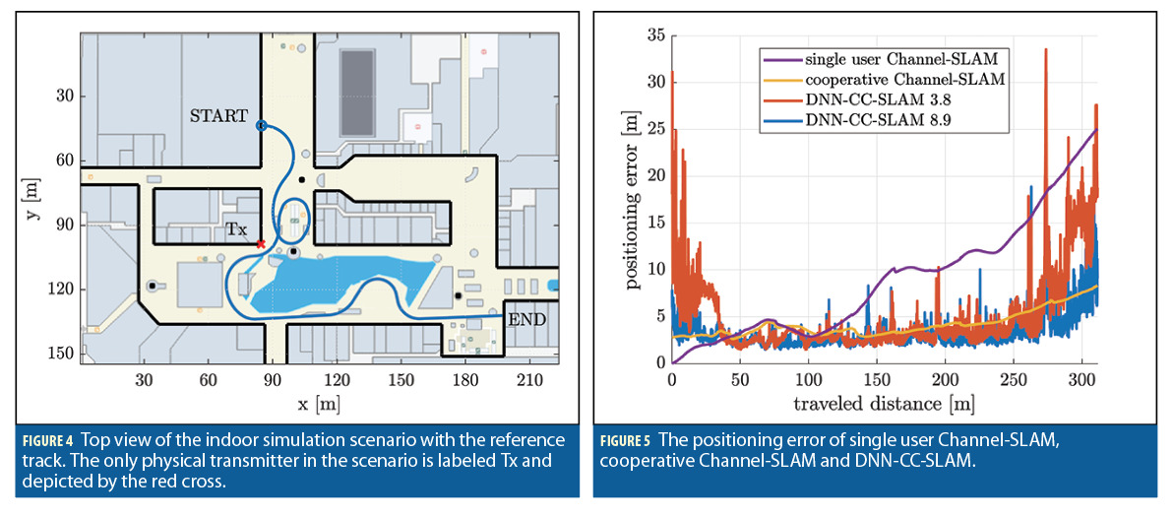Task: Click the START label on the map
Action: coord(219,116)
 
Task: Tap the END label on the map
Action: coord(525,320)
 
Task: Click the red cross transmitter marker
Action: coord(260,243)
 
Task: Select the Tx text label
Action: coord(236,228)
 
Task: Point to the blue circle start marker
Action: coord(261,126)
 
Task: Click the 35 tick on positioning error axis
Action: coord(653,35)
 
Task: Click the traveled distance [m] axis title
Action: coord(884,405)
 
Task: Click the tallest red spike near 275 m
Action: coord(1046,50)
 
